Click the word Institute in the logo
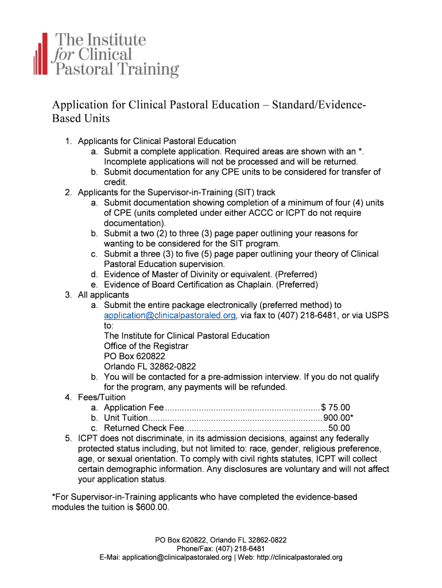point(117,40)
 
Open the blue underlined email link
point(170,316)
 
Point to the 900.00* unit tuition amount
point(338,418)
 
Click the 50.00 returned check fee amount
point(339,428)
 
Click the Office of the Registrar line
point(146,346)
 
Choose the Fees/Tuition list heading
point(102,397)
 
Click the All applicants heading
point(103,295)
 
